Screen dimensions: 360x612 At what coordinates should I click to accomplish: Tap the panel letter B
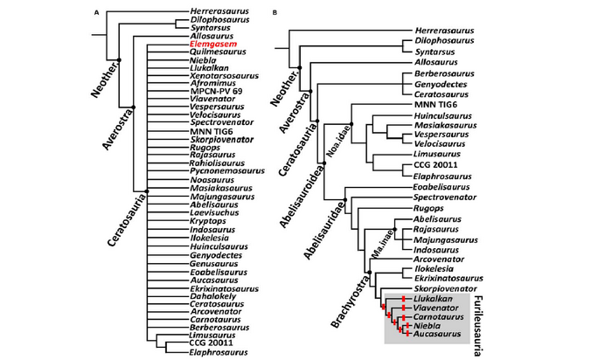[276, 13]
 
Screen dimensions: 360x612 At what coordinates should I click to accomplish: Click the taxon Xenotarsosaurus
[225, 76]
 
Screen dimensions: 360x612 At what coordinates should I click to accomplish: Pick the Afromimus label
[211, 85]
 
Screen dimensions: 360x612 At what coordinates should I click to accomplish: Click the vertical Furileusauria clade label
[478, 315]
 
